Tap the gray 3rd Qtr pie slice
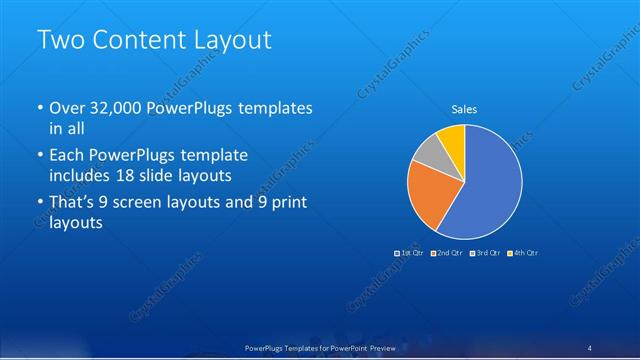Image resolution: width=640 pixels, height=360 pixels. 427,152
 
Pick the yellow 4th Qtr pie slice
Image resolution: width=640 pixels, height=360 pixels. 452,138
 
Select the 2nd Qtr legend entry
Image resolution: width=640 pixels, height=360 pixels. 447,253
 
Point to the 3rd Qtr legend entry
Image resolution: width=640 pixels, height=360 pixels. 486,253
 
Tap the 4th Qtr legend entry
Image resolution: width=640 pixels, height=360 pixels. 524,253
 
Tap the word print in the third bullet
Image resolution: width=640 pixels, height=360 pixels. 289,203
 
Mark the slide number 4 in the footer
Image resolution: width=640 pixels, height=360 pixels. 590,347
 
